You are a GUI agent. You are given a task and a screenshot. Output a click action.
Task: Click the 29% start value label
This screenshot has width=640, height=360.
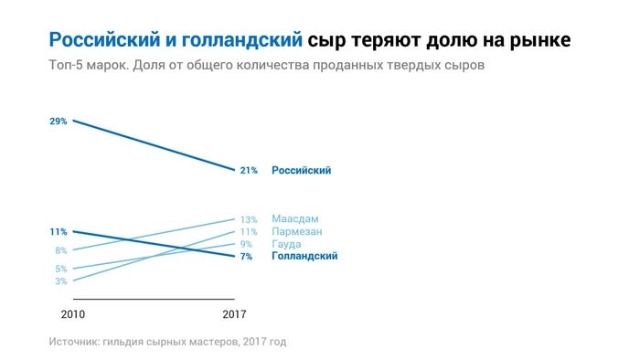[59, 121]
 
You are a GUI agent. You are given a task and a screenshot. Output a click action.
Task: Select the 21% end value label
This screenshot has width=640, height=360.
[249, 170]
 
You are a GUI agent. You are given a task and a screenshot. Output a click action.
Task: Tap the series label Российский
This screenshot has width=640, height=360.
[301, 170]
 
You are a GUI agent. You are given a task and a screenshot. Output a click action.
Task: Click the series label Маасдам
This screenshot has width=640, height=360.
[295, 219]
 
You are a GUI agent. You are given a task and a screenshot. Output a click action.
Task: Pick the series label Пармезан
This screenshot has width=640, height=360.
[297, 232]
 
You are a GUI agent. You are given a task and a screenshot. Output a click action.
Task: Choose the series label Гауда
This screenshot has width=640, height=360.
[287, 245]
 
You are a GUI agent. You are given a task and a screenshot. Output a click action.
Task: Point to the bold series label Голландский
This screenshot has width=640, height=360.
[304, 257]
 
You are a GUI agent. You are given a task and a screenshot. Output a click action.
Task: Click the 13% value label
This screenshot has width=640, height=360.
[249, 219]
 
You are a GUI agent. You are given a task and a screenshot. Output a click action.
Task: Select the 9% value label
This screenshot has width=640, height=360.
[246, 245]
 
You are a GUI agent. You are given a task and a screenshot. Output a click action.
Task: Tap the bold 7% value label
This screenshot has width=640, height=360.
[246, 257]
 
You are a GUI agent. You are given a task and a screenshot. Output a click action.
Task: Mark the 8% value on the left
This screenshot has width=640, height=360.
[61, 250]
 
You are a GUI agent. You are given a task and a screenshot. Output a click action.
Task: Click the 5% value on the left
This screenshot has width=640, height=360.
[61, 269]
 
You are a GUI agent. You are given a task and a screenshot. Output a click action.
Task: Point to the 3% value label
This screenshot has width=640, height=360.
[61, 281]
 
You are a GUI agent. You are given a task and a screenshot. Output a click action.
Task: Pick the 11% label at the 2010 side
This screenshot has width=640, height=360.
[59, 232]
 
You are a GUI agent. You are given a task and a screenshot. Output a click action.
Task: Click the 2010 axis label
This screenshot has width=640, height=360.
[72, 314]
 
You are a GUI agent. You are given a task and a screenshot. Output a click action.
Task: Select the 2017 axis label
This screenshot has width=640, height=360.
[235, 314]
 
